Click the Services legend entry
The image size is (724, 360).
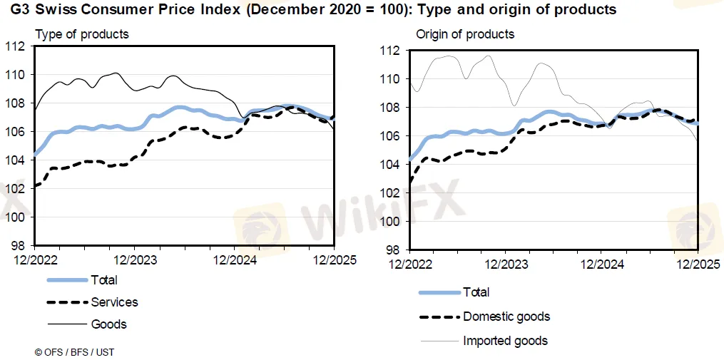[114, 302]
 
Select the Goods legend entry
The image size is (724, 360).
[108, 324]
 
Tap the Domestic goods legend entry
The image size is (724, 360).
[506, 317]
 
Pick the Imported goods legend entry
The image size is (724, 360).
[506, 341]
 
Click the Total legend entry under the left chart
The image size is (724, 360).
[104, 280]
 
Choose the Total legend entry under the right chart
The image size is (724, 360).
[476, 292]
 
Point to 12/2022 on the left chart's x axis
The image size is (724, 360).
[34, 260]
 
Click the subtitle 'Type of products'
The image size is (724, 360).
[82, 34]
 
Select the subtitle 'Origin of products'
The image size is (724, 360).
[465, 34]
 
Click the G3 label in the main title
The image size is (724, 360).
[20, 10]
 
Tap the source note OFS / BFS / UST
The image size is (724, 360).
[74, 352]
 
